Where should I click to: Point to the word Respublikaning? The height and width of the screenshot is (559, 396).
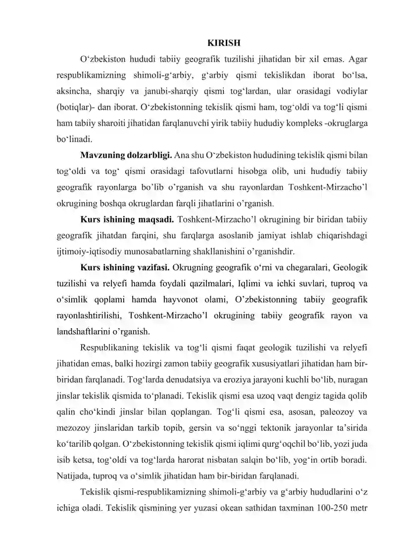pos(108,346)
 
